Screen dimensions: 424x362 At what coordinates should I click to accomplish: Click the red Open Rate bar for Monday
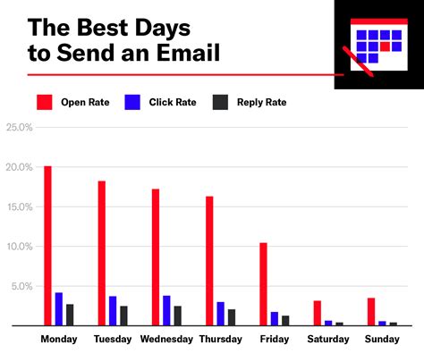[47, 246]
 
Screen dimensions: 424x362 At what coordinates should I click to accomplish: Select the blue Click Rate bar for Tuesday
[113, 311]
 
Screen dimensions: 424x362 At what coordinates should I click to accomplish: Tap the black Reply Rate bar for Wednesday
[178, 316]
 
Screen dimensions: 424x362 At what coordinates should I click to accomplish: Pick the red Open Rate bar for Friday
[263, 284]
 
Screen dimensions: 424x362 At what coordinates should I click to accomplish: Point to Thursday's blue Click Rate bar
[221, 314]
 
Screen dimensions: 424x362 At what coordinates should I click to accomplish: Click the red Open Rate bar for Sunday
[371, 312]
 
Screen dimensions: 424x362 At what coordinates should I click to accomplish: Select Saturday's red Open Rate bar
[318, 313]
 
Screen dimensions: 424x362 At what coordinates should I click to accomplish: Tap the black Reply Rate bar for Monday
[70, 315]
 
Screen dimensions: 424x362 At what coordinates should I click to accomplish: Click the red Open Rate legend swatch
[45, 102]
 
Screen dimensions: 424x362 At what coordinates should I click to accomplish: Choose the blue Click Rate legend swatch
[132, 102]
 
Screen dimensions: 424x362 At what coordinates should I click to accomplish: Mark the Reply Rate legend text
[262, 102]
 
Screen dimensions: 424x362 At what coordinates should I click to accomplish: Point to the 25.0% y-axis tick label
[19, 127]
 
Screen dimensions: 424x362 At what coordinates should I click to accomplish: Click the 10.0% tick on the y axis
[20, 247]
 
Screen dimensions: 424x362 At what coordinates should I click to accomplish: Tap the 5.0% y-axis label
[21, 286]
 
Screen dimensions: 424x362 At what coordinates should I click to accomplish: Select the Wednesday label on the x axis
[166, 339]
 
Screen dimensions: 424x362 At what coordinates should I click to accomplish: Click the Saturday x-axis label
[328, 339]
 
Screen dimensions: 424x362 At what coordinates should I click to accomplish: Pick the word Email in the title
[189, 53]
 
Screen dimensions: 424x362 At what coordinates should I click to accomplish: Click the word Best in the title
[103, 28]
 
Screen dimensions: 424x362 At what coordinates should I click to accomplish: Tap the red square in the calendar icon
[385, 46]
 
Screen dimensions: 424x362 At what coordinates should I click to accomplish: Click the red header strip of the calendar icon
[379, 21]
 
